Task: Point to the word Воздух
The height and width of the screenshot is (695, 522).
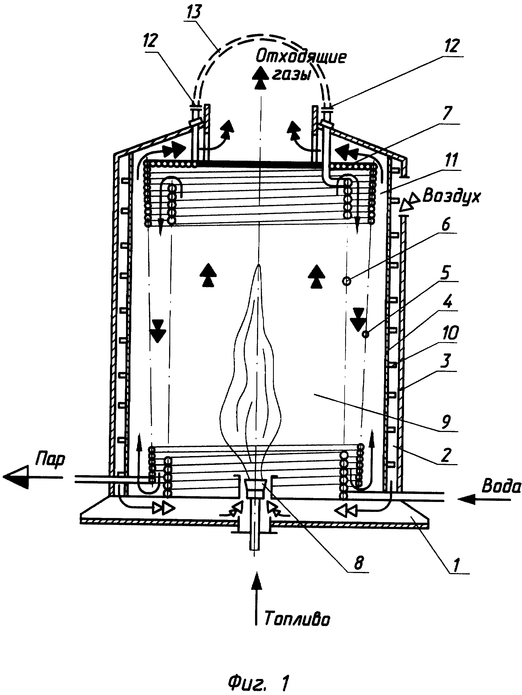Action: tap(451, 196)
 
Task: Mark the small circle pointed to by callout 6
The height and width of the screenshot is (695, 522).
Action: tap(347, 281)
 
